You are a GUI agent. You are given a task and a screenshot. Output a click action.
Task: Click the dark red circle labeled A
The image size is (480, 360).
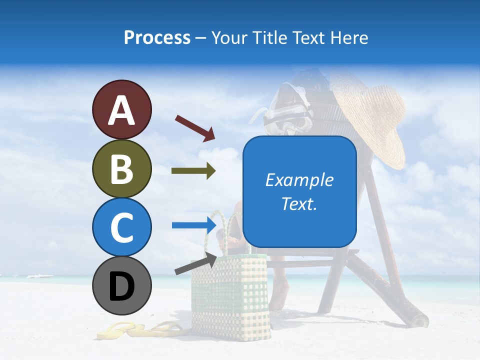(x=121, y=109)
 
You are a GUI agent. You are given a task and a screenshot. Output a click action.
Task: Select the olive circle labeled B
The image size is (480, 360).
(x=121, y=168)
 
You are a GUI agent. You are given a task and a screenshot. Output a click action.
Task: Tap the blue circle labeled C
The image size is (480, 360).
(x=121, y=227)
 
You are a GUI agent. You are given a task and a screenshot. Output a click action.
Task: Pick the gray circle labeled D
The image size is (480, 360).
(x=121, y=286)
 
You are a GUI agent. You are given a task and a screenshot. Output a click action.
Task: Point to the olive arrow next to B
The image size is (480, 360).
(x=193, y=171)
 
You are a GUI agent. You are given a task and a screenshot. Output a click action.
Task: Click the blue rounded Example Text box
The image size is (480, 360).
(x=299, y=191)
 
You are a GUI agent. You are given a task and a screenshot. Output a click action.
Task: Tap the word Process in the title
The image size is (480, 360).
(x=157, y=37)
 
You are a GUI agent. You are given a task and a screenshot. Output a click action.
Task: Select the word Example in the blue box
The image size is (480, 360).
(x=299, y=180)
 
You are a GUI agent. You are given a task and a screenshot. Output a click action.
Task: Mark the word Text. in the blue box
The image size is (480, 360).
(x=299, y=204)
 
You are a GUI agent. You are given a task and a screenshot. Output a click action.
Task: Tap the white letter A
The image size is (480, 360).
(x=121, y=110)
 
